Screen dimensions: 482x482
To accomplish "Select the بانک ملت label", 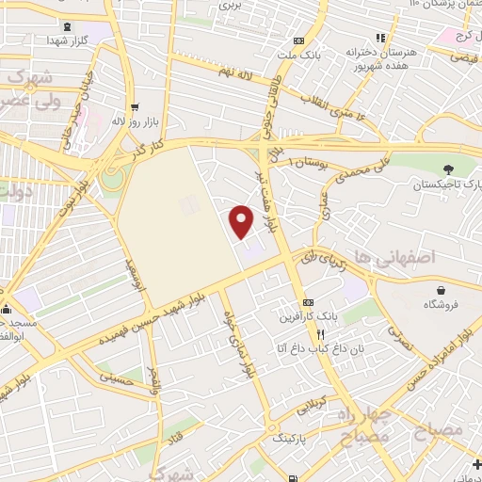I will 298,54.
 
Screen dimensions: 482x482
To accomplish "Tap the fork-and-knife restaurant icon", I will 320,333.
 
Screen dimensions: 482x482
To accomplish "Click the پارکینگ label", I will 291,439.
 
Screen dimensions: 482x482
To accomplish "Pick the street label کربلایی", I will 310,409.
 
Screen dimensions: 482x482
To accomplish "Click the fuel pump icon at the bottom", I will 295,478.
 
